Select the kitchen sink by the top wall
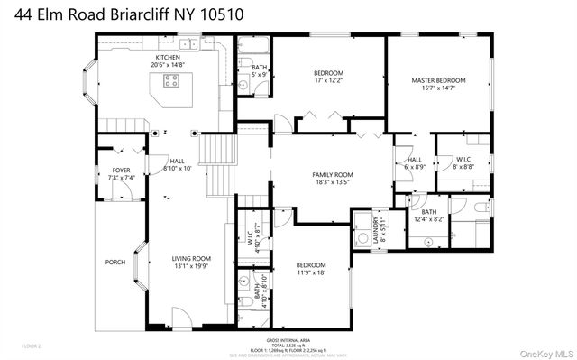188,43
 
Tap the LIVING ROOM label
191,259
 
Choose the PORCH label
115,263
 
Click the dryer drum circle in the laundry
362,223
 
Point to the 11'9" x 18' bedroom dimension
310,272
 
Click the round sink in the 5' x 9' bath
244,85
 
